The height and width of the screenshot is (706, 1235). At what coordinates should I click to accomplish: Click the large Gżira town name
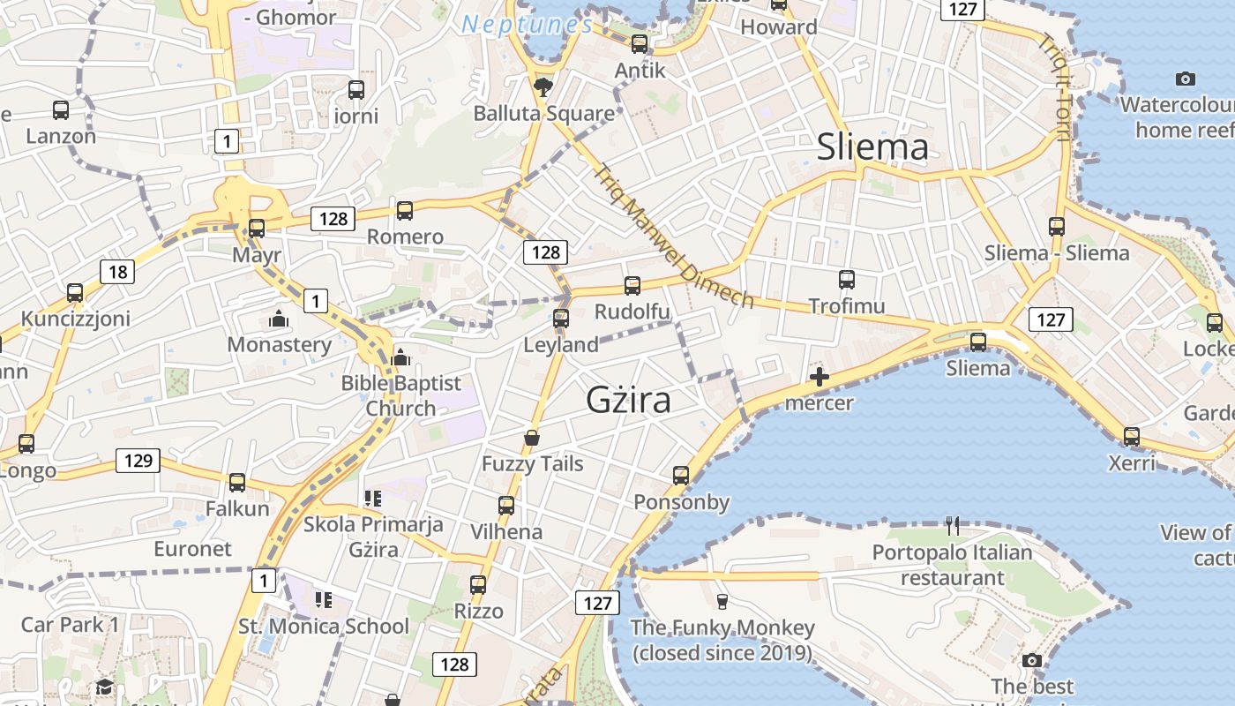coord(628,401)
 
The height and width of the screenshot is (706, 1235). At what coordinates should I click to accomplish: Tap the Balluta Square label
coord(543,114)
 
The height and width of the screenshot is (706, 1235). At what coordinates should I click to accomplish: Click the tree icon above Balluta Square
coord(543,86)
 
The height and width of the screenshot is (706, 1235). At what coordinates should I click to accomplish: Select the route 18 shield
coord(117,271)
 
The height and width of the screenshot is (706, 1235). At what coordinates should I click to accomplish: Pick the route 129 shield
coord(138,460)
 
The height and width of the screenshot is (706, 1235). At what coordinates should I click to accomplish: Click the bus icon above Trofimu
coord(847,280)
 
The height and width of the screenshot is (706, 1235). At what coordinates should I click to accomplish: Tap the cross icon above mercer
coord(820,378)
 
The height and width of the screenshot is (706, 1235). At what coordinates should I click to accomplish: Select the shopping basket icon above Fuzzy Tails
coord(532,437)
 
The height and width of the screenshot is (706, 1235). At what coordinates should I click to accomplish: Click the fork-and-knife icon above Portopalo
coord(952,526)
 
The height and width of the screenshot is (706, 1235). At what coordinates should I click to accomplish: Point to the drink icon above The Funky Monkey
coord(722,601)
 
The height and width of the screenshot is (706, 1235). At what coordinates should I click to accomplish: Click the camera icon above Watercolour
coord(1186,79)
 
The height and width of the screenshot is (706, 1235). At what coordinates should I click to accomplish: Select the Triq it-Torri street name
coord(1055,86)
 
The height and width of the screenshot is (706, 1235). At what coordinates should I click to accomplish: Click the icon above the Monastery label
coord(279,318)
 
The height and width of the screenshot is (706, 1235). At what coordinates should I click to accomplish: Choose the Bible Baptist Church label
coord(401,395)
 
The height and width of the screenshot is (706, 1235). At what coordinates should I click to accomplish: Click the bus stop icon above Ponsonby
coord(681,476)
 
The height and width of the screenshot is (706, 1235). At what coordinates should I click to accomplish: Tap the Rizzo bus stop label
coord(478,611)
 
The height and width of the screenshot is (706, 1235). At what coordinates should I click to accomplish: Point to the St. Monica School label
coord(324,627)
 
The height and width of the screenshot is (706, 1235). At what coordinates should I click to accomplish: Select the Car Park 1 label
coord(70,625)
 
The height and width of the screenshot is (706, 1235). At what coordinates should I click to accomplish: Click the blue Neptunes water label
coord(528,25)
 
